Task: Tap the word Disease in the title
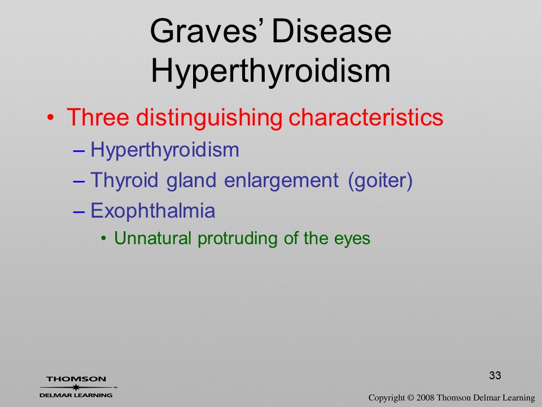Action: tap(332, 31)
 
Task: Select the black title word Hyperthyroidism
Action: tap(270, 72)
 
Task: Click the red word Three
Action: tap(98, 117)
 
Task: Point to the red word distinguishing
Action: tap(209, 118)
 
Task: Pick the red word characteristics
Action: tap(366, 117)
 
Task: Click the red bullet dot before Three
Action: tap(50, 118)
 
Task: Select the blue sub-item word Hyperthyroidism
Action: tap(165, 150)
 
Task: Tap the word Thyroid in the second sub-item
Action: tap(124, 180)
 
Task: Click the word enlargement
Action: tap(281, 180)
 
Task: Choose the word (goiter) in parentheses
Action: tap(380, 180)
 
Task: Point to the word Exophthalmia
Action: tap(153, 210)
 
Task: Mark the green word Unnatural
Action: tap(153, 238)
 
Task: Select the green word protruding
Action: tap(238, 239)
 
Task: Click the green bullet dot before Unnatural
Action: tap(103, 239)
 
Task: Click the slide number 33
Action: tap(495, 375)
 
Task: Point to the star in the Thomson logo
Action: tap(76, 387)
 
